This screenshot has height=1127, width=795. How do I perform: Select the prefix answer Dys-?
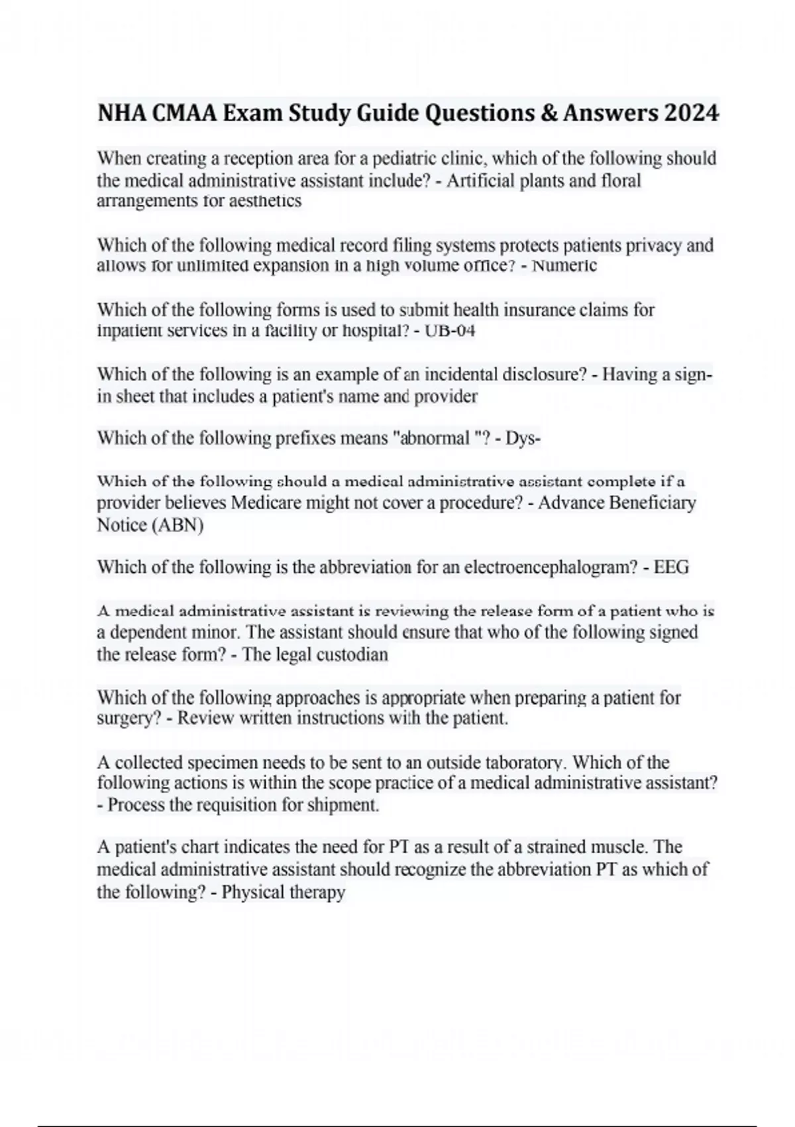(x=523, y=438)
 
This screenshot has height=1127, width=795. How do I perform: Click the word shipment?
(x=347, y=805)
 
